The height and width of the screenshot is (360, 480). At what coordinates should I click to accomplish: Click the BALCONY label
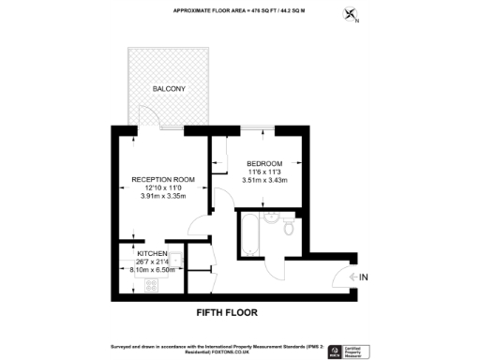click(170, 88)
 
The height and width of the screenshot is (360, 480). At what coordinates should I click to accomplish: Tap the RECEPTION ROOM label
click(163, 179)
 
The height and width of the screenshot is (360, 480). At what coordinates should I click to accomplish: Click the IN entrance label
click(364, 277)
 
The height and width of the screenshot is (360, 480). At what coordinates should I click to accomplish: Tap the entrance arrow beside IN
click(350, 277)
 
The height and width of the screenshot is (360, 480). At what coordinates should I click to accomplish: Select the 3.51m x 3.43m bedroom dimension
click(264, 180)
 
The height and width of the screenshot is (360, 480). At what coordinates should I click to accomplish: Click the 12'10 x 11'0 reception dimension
click(163, 188)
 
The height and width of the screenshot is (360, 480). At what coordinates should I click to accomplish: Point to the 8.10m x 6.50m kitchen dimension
click(151, 271)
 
